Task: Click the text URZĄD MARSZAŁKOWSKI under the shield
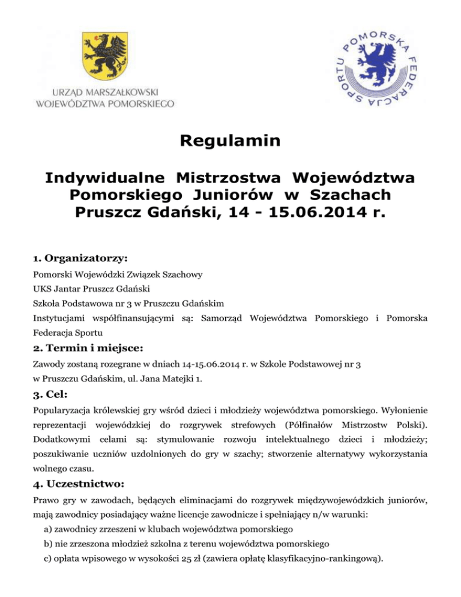click(x=106, y=92)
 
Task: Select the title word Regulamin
click(x=230, y=142)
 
